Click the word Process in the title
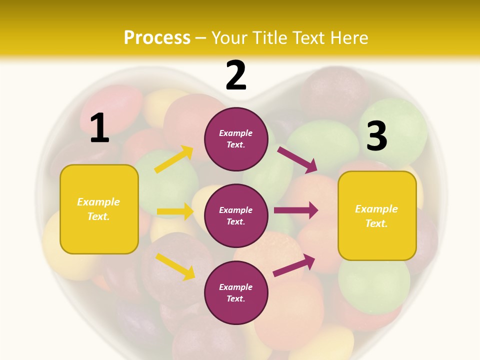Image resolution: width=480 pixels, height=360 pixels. [x=157, y=38]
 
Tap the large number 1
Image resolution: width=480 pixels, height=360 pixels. [x=99, y=128]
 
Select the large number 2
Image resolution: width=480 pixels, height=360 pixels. [x=236, y=75]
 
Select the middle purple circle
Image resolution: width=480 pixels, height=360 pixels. [x=236, y=215]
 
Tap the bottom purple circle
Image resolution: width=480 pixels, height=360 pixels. [x=236, y=292]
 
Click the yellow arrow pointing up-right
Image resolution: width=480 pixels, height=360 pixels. [x=174, y=159]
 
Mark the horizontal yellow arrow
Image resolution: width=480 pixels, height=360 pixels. [x=175, y=211]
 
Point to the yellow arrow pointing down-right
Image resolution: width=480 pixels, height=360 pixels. [x=175, y=266]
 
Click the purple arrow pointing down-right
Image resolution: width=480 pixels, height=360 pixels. [x=297, y=160]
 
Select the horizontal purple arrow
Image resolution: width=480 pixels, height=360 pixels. [x=296, y=210]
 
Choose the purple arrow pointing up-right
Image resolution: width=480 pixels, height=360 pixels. [x=294, y=265]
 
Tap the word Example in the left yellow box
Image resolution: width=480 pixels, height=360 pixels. [x=98, y=202]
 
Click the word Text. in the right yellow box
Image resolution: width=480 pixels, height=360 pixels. [x=376, y=223]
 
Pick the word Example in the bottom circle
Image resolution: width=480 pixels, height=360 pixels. [x=236, y=287]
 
